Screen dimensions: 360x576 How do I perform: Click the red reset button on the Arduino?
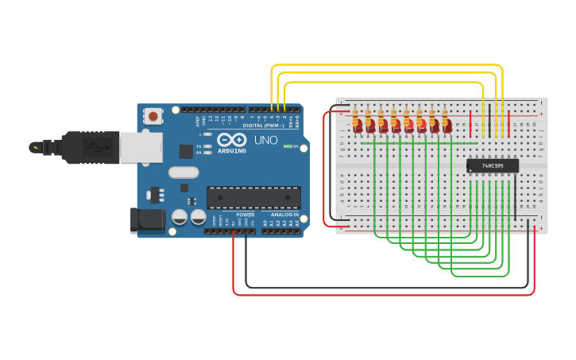click(153, 116)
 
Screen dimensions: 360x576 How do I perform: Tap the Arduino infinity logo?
click(231, 139)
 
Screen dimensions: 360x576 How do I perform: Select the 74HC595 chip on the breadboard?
click(493, 165)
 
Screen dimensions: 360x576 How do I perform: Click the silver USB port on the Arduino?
click(141, 148)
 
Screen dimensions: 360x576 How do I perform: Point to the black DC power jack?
click(147, 220)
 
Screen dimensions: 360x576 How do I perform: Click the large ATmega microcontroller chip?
click(253, 198)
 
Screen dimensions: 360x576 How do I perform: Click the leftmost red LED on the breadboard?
click(358, 126)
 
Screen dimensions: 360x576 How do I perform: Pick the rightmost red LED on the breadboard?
click(447, 126)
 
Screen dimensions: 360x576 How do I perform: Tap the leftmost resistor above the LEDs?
click(355, 114)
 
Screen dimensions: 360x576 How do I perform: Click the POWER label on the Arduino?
click(245, 215)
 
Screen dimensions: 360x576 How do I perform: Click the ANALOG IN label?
click(285, 215)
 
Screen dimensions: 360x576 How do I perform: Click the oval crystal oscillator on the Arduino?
click(184, 172)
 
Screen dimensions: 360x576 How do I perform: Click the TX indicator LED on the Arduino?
click(207, 146)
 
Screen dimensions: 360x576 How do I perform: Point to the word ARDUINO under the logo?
click(232, 150)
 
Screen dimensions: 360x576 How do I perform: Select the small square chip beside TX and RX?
click(186, 151)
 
